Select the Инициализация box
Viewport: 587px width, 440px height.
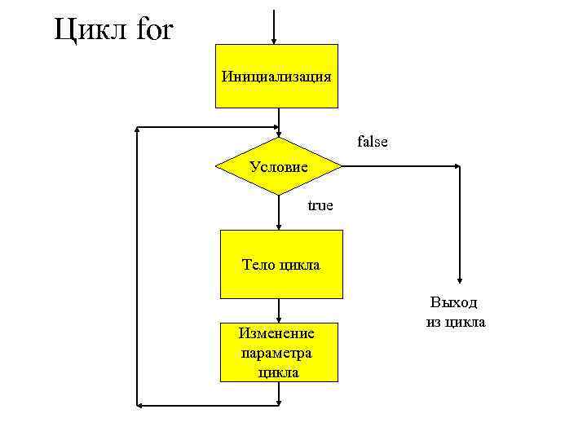click(x=276, y=77)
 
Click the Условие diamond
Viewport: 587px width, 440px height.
click(x=279, y=167)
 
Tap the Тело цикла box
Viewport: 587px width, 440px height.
click(x=281, y=264)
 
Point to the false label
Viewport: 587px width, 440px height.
click(x=373, y=142)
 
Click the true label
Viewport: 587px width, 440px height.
click(x=320, y=205)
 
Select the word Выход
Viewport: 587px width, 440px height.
click(x=454, y=303)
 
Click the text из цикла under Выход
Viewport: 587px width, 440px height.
click(x=455, y=323)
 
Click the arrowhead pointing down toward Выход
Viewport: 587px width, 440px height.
click(x=461, y=277)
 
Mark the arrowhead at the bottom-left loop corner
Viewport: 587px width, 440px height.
click(x=141, y=404)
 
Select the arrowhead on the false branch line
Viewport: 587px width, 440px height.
click(x=456, y=167)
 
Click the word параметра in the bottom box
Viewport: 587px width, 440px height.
click(x=277, y=353)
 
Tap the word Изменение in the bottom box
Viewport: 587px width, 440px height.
click(x=276, y=333)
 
